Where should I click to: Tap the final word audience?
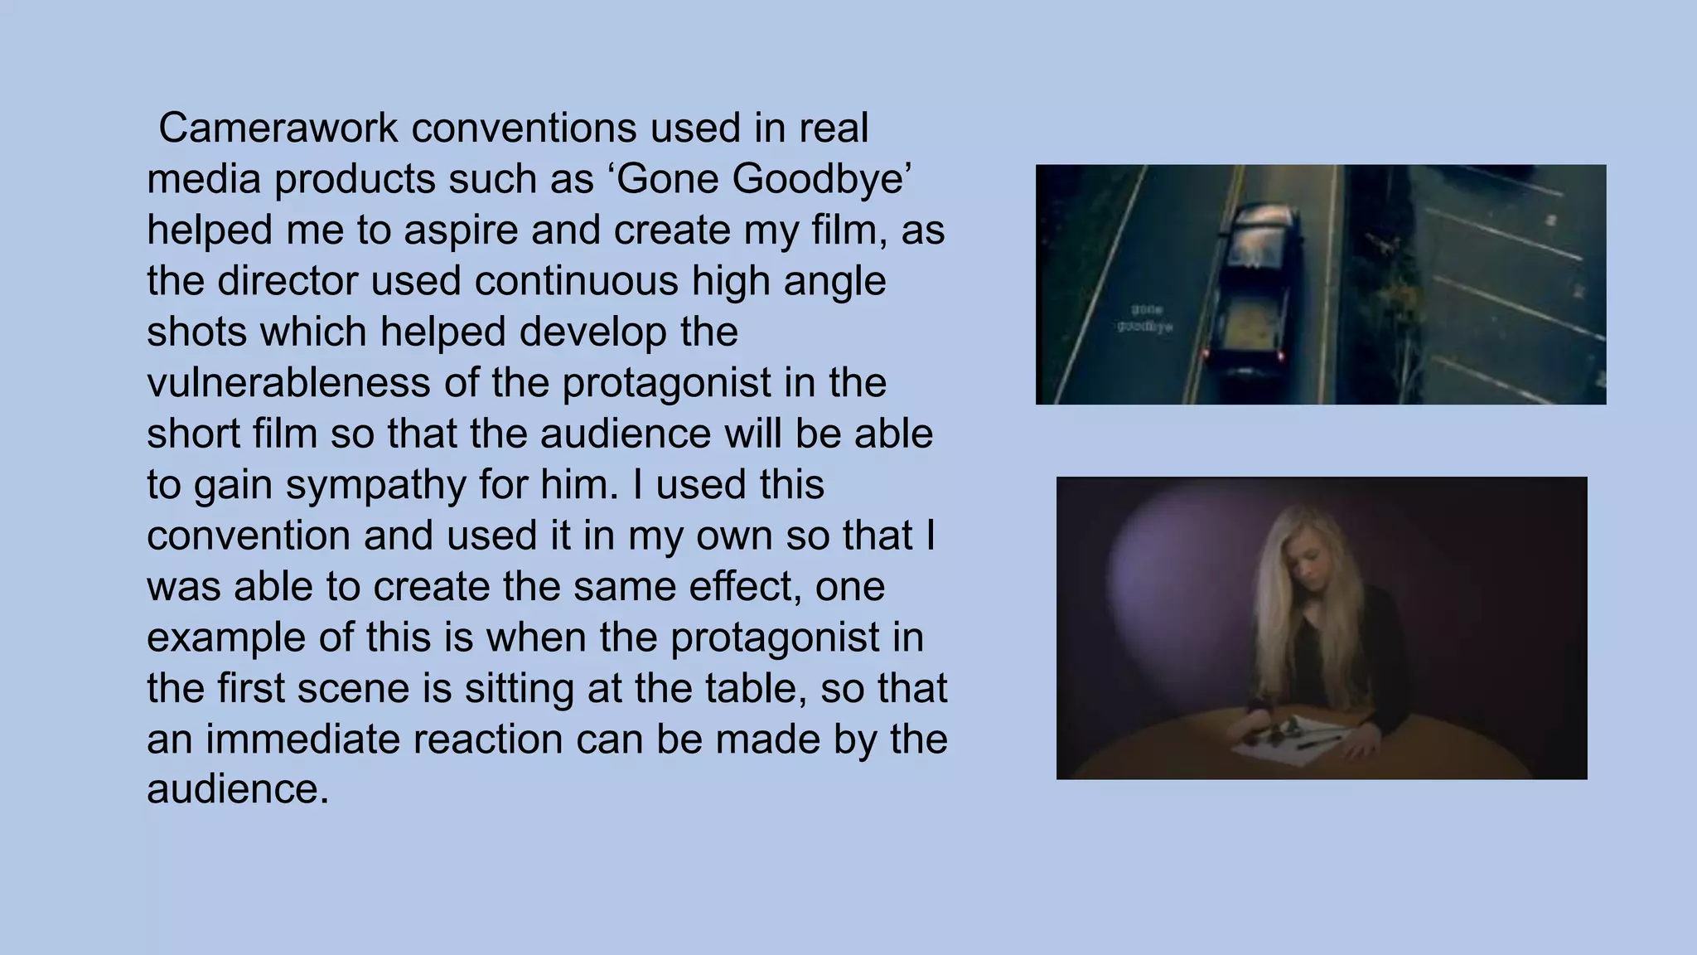pos(237,788)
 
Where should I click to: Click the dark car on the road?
pos(1253,290)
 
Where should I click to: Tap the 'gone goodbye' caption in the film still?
pos(1144,318)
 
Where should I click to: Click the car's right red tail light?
pos(1281,356)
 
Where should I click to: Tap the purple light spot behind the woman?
pos(1177,572)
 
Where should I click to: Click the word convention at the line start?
pos(249,536)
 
